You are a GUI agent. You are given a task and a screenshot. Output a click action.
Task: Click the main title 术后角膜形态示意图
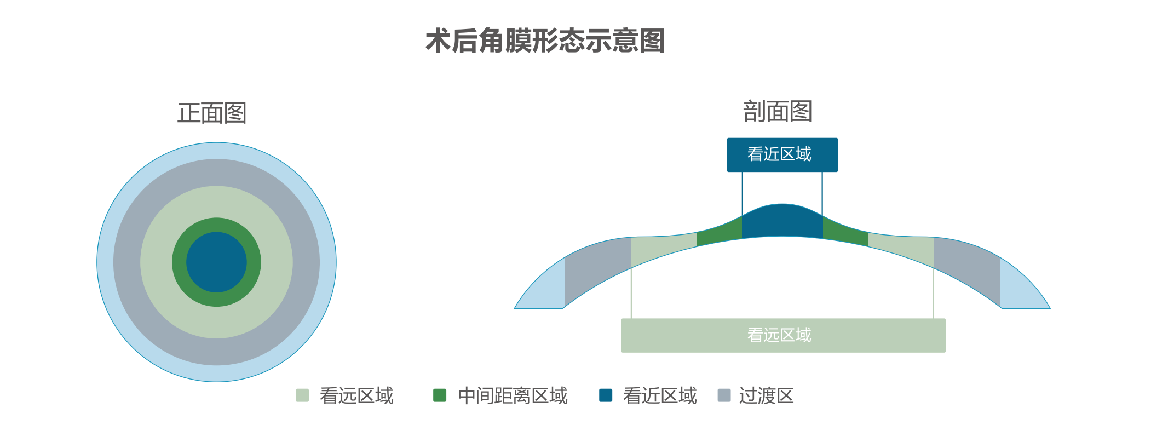545,41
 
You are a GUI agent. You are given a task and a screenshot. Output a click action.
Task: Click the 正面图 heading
212,113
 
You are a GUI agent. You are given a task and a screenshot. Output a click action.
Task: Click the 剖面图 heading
777,112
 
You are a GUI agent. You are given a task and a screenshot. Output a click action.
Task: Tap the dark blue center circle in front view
216,262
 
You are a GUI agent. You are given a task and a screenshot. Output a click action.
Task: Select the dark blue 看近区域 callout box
782,155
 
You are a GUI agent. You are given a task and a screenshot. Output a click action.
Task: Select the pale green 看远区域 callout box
783,335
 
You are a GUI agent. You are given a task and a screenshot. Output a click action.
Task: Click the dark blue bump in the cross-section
782,222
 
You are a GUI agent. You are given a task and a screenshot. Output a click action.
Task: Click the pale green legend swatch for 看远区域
302,395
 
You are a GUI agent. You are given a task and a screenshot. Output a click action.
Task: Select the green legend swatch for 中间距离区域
440,395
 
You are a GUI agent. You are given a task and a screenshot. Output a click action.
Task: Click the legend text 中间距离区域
513,395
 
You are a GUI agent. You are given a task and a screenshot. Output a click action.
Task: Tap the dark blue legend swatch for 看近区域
606,395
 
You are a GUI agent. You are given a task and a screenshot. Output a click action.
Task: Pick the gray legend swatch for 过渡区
724,395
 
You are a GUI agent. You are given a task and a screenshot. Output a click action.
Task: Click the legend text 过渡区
766,395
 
